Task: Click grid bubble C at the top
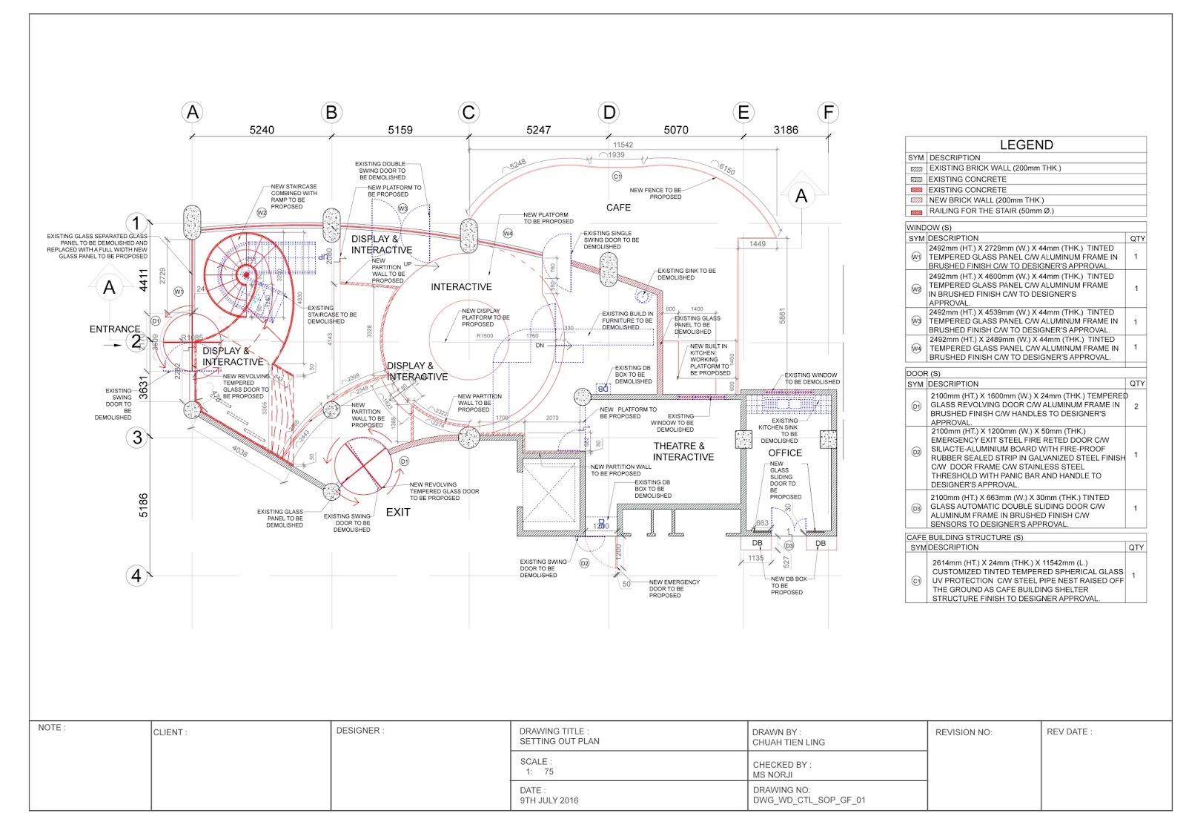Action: pos(468,113)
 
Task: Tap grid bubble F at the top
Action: pos(828,113)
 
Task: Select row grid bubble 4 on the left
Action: pos(136,576)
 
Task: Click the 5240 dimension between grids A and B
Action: pos(262,130)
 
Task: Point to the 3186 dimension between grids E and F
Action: pos(786,130)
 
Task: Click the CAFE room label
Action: pos(618,208)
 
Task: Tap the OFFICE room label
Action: pos(785,453)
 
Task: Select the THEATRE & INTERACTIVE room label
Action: pos(683,452)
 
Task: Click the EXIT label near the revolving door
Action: pos(398,513)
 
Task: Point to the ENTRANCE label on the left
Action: pos(115,329)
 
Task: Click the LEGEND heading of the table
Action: pos(1026,145)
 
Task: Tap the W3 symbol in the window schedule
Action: pos(916,321)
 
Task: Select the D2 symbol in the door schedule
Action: pos(916,452)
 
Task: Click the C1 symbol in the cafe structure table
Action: pos(916,581)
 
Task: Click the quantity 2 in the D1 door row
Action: pos(1136,407)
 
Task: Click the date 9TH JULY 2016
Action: pos(549,800)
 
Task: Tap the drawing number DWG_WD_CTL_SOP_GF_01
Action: pos(809,800)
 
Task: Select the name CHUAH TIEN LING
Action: pos(789,742)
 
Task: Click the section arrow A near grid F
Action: pos(801,197)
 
